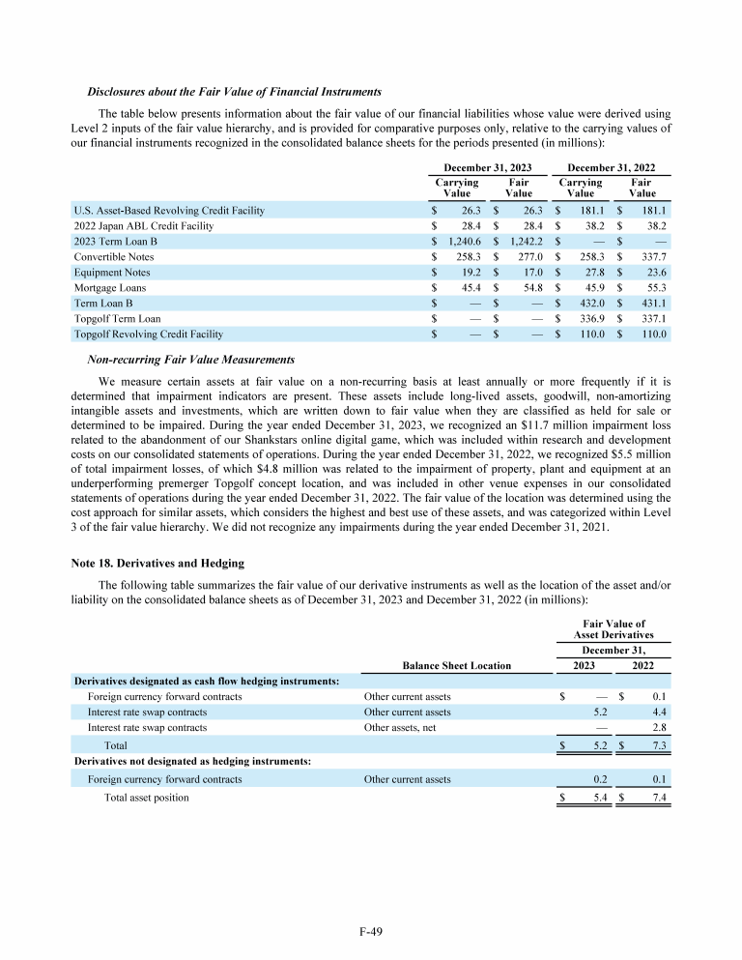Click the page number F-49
[x=370, y=931]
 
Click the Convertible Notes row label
[x=114, y=256]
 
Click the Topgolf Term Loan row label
[x=117, y=318]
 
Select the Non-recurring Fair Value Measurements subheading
[x=177, y=359]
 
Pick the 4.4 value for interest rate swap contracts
[x=660, y=711]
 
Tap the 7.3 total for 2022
[x=660, y=745]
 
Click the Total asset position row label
[x=147, y=797]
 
